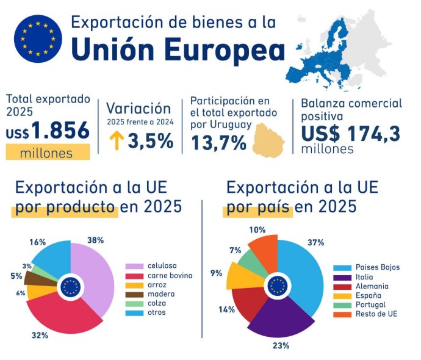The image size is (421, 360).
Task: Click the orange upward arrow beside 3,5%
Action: point(115,142)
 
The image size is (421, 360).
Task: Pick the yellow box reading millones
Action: point(48,153)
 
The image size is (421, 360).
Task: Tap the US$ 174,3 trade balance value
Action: point(350,131)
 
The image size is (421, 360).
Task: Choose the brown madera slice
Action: point(35,278)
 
